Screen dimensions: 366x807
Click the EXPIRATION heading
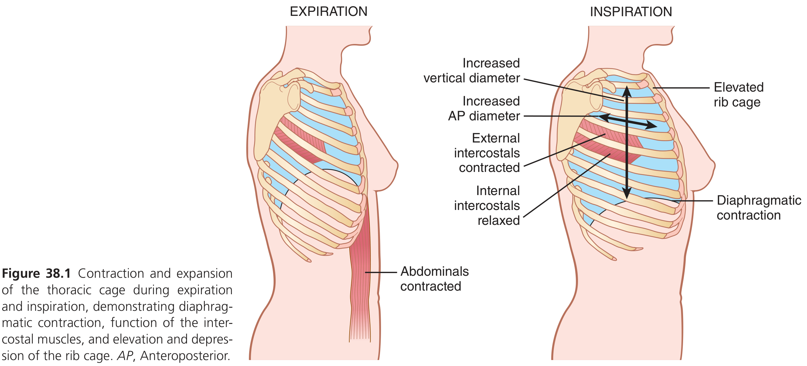pos(328,12)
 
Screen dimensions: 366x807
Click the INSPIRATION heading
pos(631,12)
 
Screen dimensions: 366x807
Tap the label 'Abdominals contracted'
pos(434,279)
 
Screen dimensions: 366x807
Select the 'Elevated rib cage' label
pos(738,95)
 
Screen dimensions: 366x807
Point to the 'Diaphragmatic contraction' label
pos(759,208)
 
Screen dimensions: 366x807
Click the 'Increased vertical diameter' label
pos(472,70)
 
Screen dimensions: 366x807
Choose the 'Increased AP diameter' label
pos(484,108)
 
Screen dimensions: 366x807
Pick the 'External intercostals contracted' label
pos(487,153)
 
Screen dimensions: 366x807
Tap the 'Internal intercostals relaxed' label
pos(487,205)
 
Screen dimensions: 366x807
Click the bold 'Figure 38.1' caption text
pos(36,274)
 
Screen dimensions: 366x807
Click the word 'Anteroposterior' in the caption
pos(185,356)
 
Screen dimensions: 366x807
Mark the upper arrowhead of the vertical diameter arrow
pos(627,90)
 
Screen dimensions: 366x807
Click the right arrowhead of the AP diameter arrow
pos(653,125)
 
